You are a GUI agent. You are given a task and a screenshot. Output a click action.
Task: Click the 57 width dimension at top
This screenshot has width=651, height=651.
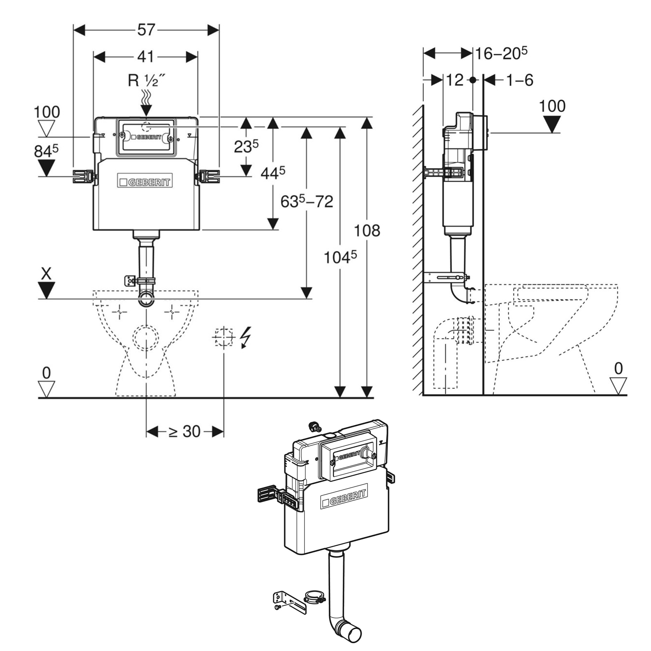(x=146, y=30)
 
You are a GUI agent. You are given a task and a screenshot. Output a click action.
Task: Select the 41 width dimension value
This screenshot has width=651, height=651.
(x=146, y=57)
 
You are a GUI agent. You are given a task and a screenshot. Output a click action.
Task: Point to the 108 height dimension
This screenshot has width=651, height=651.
(x=367, y=231)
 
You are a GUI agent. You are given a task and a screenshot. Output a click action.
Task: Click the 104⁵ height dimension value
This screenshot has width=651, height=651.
(x=339, y=258)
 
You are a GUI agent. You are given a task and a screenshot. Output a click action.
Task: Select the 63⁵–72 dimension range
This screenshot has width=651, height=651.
(x=307, y=202)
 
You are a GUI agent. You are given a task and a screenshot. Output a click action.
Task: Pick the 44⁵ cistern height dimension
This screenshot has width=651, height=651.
(x=272, y=173)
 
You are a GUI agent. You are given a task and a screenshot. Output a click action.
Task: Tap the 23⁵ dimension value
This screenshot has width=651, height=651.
(x=246, y=146)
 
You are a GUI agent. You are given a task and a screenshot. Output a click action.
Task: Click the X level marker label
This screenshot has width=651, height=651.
(x=46, y=274)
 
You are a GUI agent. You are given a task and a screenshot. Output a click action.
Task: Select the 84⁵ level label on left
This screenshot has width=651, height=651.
(x=46, y=152)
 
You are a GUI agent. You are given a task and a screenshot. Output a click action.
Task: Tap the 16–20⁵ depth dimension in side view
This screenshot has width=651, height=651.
(x=501, y=54)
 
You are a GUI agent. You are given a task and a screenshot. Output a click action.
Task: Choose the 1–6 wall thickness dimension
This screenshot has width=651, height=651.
(x=520, y=80)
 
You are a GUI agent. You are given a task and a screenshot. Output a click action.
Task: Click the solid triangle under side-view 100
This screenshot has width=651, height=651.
(x=552, y=124)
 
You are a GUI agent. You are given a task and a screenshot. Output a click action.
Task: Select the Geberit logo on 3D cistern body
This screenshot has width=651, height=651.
(x=343, y=497)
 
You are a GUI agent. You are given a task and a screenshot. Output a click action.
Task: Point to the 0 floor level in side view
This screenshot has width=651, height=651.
(x=618, y=369)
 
